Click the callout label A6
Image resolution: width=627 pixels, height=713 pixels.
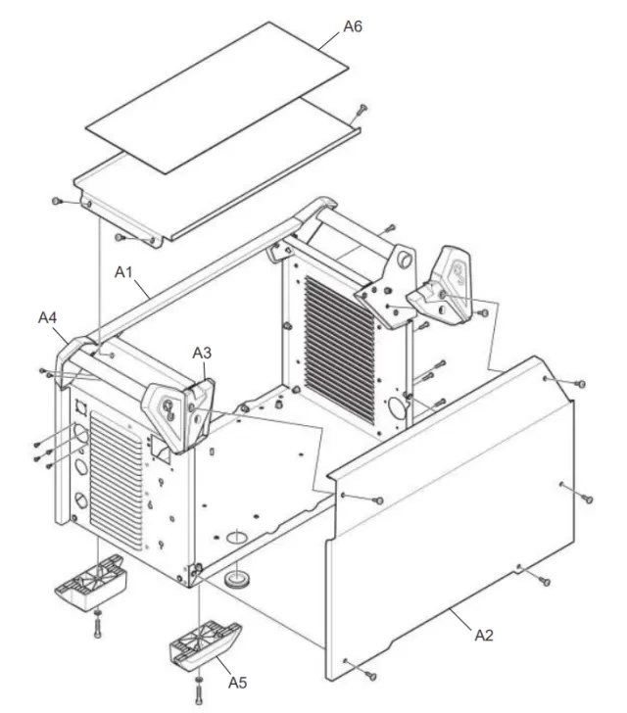click(x=352, y=26)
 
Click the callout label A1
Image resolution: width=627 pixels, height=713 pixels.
click(x=123, y=272)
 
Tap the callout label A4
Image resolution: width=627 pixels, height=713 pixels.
click(x=47, y=317)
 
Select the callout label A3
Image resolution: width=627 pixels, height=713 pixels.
click(x=202, y=353)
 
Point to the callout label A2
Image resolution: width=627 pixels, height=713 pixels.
click(x=484, y=635)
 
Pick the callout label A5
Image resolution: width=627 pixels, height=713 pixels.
click(x=237, y=683)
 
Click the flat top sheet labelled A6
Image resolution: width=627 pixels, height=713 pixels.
click(x=217, y=97)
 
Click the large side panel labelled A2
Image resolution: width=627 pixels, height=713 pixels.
click(x=451, y=518)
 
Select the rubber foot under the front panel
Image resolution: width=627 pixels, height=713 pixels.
click(x=90, y=583)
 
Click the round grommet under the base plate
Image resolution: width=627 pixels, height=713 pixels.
click(x=236, y=579)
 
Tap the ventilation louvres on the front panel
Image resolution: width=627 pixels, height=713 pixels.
click(x=117, y=479)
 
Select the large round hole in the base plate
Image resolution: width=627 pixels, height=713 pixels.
click(x=237, y=537)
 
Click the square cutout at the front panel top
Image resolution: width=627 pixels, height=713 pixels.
click(x=80, y=407)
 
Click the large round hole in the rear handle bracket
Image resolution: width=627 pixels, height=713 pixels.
click(x=405, y=261)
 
